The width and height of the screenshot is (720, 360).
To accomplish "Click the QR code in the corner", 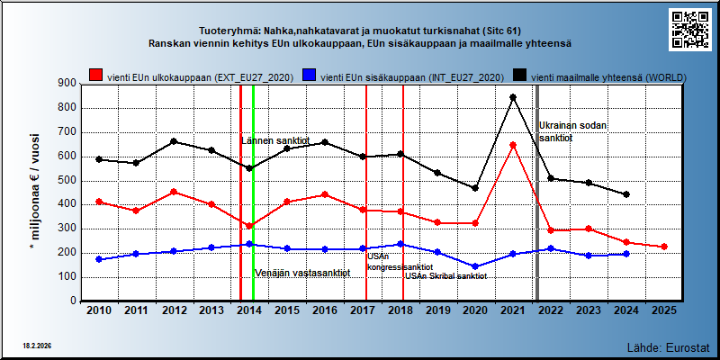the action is pyautogui.click(x=690, y=30).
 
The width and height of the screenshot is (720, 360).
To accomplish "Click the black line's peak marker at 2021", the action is pyautogui.click(x=513, y=97).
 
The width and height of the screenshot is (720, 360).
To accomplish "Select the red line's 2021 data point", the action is pyautogui.click(x=513, y=145).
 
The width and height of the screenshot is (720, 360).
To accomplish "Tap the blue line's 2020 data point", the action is pyautogui.click(x=475, y=266).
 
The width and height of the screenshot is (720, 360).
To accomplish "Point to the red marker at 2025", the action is pyautogui.click(x=664, y=247).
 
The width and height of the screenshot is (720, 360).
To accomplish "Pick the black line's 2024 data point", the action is pyautogui.click(x=626, y=194).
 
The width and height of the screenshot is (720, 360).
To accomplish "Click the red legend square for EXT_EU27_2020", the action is pyautogui.click(x=96, y=76).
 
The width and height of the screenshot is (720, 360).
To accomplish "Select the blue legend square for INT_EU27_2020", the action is pyautogui.click(x=309, y=76).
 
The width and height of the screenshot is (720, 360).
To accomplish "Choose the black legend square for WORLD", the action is pyautogui.click(x=520, y=76).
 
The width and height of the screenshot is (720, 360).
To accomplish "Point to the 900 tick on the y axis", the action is pyautogui.click(x=67, y=84).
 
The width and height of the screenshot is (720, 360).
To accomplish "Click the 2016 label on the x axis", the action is pyautogui.click(x=325, y=310).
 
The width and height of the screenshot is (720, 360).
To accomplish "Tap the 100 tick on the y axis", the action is pyautogui.click(x=67, y=277).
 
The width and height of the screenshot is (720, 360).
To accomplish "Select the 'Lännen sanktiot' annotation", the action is pyautogui.click(x=275, y=141).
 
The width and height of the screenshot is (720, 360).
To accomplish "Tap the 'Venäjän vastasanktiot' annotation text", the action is pyautogui.click(x=302, y=273).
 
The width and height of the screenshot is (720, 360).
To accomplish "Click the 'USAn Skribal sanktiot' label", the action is pyautogui.click(x=445, y=276).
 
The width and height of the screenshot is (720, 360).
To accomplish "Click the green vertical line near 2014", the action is pyautogui.click(x=254, y=193).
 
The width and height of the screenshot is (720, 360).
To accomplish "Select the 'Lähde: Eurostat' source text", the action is pyautogui.click(x=669, y=347).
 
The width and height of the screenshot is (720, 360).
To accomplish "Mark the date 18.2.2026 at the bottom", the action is pyautogui.click(x=36, y=346).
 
